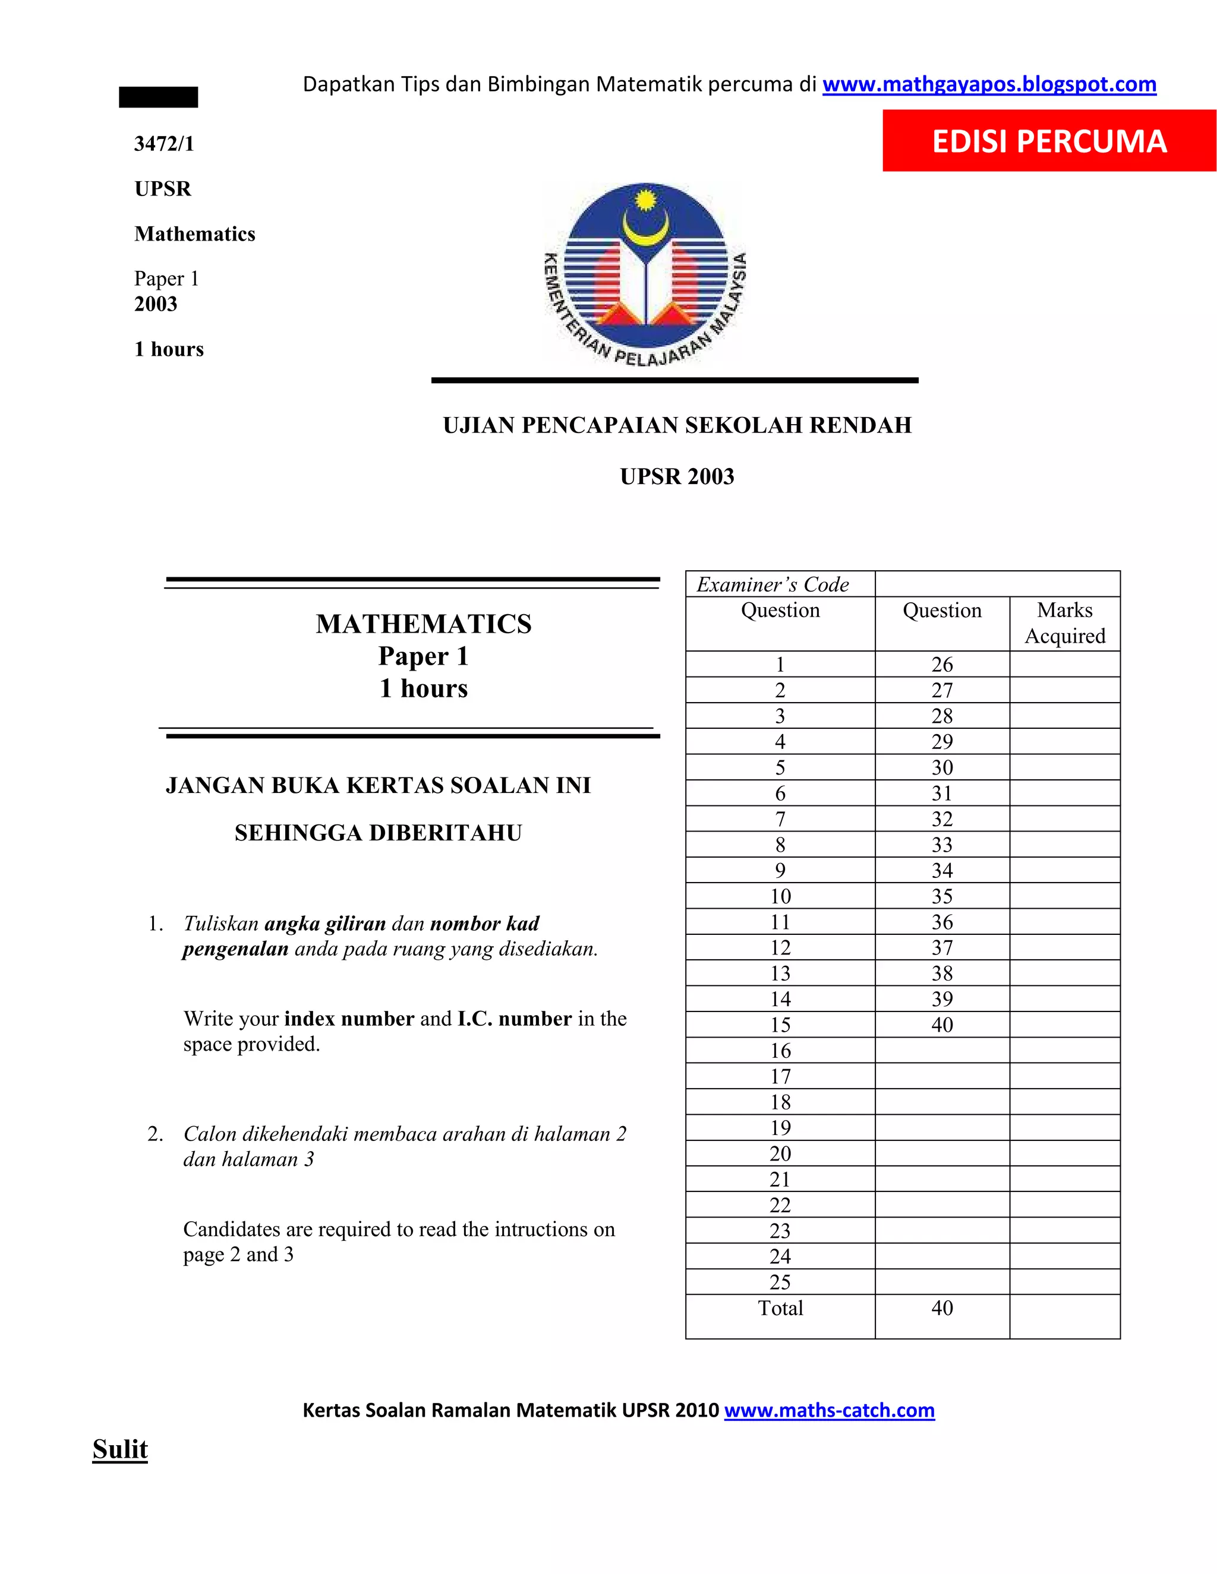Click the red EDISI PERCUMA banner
(x=1049, y=141)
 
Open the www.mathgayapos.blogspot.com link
(x=989, y=84)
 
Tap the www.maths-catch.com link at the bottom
(x=829, y=1411)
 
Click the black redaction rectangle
(x=159, y=97)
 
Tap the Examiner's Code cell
(x=773, y=584)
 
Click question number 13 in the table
(x=780, y=973)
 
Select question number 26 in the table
(x=942, y=664)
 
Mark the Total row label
(x=780, y=1308)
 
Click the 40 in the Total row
(x=942, y=1308)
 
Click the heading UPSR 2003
(x=677, y=476)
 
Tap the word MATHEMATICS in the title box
(x=424, y=624)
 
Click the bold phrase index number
(x=349, y=1018)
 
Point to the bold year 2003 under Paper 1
(x=156, y=304)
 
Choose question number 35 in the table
(x=942, y=896)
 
